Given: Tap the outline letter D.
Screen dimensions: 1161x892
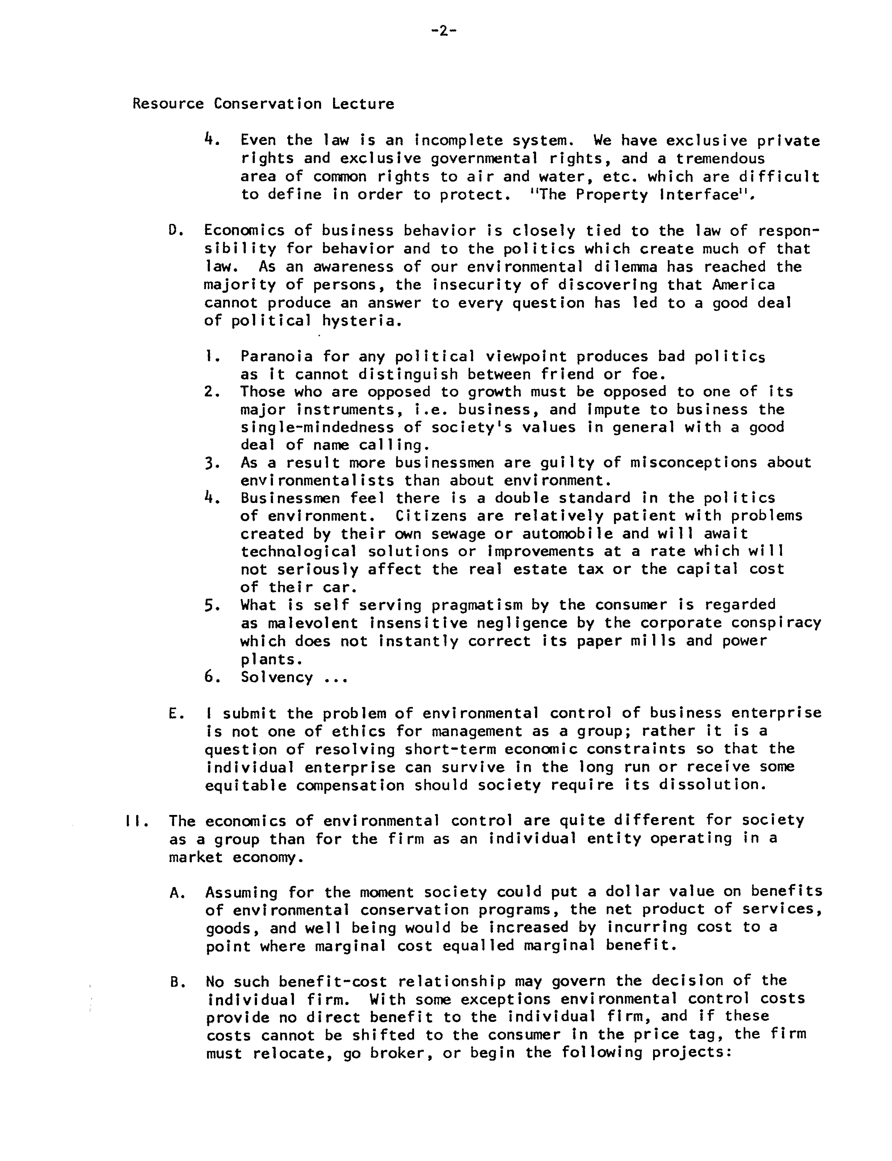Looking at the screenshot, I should click(172, 230).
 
